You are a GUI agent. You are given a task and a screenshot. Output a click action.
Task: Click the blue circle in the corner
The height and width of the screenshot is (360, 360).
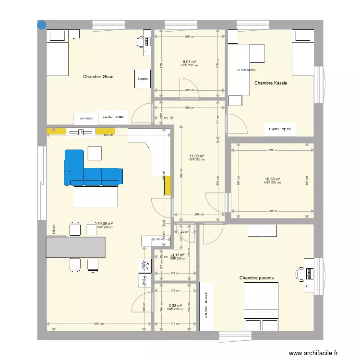click(x=42, y=24)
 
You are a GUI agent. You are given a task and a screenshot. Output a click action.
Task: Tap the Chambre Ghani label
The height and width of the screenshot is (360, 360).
click(x=99, y=77)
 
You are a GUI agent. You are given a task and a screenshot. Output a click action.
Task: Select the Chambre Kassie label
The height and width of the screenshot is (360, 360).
click(x=271, y=83)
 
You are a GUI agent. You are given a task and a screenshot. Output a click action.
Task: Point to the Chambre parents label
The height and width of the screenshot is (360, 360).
click(x=256, y=278)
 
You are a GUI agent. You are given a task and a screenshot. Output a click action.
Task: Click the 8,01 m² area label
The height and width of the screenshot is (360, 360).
click(x=189, y=62)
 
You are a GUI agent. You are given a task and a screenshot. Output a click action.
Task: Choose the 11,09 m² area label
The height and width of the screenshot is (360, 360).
click(x=197, y=156)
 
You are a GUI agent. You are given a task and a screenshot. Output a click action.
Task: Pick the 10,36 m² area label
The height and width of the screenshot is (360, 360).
click(x=272, y=180)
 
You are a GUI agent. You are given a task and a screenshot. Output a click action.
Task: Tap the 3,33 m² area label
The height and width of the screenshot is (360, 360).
click(x=175, y=306)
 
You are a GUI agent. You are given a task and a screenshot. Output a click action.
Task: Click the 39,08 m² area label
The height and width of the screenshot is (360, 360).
click(x=105, y=224)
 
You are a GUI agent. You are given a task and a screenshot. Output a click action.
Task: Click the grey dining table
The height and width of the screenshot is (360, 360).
click(x=75, y=247)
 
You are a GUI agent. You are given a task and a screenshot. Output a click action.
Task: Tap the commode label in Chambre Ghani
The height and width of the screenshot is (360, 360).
click(x=87, y=118)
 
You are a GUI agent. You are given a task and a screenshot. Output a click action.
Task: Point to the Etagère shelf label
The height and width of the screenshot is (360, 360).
click(x=143, y=79)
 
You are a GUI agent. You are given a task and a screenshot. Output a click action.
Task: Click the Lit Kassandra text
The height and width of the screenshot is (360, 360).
click(x=246, y=70)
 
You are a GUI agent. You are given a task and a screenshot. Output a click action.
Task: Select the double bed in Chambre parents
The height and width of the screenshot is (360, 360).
click(x=261, y=306)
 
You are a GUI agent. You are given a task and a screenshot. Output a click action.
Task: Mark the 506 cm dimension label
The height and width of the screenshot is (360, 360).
click(x=108, y=135)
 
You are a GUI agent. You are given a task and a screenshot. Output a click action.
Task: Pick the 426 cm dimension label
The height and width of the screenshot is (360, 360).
click(x=99, y=324)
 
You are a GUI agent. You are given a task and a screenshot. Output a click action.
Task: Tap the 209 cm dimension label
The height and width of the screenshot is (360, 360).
click(x=199, y=215)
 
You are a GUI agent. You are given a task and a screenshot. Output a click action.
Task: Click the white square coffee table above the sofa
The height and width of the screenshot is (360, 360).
click(x=95, y=153)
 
